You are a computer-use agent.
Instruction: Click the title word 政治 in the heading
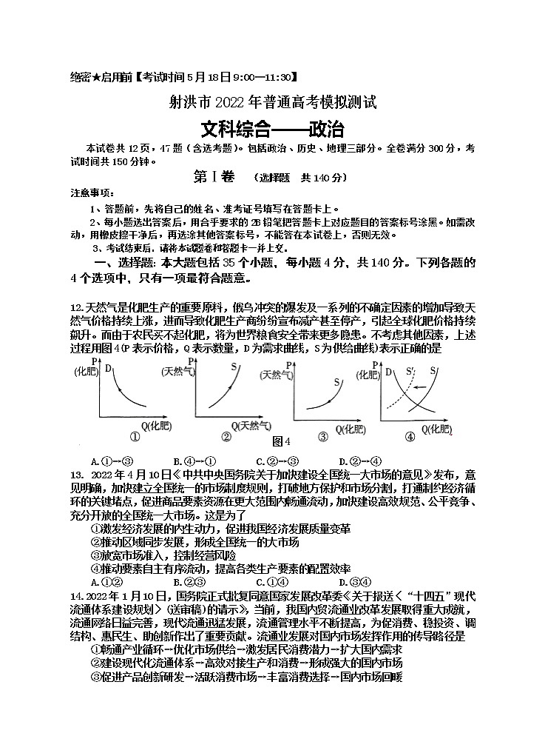pyautogui.click(x=325, y=130)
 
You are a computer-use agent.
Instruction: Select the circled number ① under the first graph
pyautogui.click(x=135, y=436)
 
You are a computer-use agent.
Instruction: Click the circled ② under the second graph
pyautogui.click(x=227, y=436)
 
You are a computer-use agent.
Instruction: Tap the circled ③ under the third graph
pyautogui.click(x=322, y=436)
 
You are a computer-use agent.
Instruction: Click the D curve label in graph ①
pyautogui.click(x=108, y=368)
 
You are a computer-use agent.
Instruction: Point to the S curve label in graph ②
pyautogui.click(x=234, y=367)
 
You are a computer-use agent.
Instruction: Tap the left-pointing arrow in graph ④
pyautogui.click(x=422, y=387)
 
